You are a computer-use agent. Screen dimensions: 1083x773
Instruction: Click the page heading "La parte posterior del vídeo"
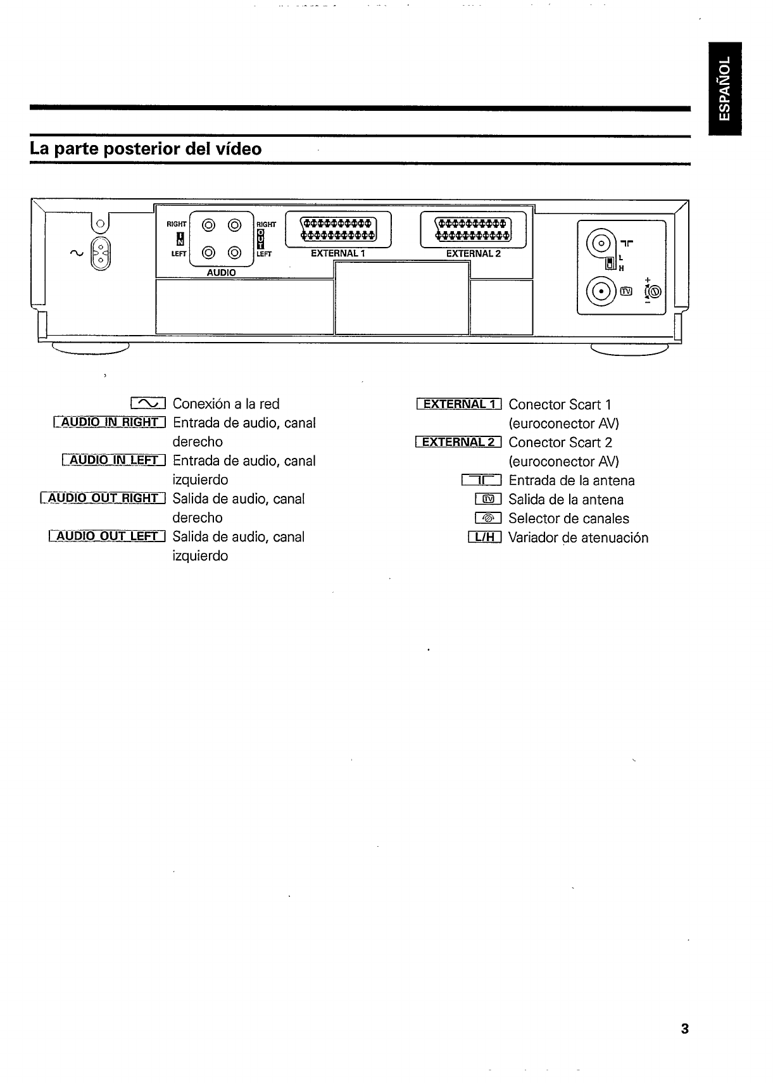pyautogui.click(x=146, y=149)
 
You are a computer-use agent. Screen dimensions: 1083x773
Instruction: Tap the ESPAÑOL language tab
pyautogui.click(x=725, y=88)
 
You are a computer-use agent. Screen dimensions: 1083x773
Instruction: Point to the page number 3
pyautogui.click(x=684, y=1029)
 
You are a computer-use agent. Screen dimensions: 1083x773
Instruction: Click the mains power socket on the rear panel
pyautogui.click(x=101, y=255)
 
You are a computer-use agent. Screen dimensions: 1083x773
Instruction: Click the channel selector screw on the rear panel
pyautogui.click(x=654, y=291)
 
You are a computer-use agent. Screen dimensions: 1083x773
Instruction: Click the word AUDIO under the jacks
pyautogui.click(x=221, y=272)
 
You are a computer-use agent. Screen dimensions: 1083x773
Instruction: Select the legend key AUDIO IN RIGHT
pyautogui.click(x=110, y=422)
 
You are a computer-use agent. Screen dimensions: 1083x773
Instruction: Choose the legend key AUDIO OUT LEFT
pyautogui.click(x=107, y=536)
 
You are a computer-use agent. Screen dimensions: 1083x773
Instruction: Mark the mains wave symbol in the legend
pyautogui.click(x=148, y=403)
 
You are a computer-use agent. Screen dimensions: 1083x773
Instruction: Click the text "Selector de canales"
pyautogui.click(x=569, y=519)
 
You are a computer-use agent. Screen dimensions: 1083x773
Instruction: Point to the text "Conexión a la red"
pyautogui.click(x=226, y=404)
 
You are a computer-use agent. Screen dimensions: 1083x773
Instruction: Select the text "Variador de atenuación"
pyautogui.click(x=578, y=538)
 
